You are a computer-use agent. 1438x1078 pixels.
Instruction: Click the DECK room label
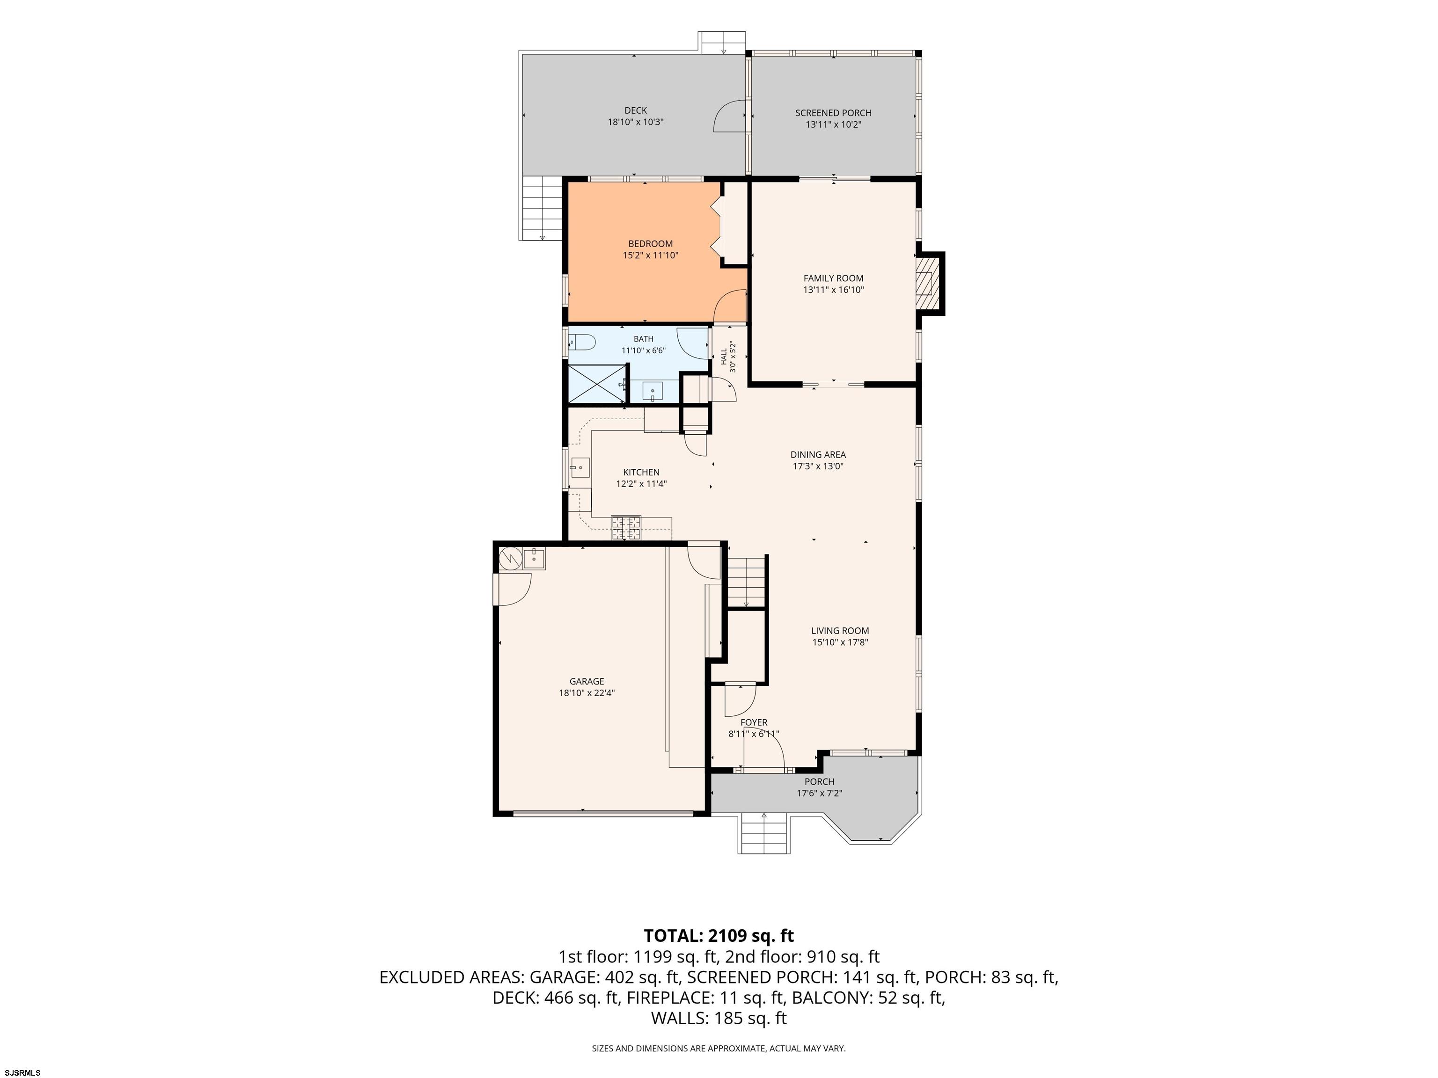coord(635,110)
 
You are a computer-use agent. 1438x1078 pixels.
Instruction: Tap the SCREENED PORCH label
coord(833,113)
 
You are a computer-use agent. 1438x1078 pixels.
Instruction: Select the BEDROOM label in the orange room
coord(650,244)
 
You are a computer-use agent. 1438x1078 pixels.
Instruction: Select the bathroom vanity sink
coord(652,391)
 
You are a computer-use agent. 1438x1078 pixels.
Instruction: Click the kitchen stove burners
coord(625,528)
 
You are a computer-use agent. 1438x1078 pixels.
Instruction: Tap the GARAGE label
coord(587,682)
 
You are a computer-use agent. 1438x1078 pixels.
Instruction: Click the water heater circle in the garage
coord(510,558)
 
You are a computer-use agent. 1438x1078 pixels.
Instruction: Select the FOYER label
coord(754,722)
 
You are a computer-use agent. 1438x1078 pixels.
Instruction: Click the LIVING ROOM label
coord(840,631)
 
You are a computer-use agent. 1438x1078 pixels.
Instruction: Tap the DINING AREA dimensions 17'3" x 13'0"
coord(818,466)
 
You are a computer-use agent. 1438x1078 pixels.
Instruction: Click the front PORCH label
coord(819,782)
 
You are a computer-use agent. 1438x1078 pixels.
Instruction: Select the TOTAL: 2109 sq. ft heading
coord(719,936)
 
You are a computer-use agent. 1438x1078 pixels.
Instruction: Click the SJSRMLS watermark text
coord(22,1072)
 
